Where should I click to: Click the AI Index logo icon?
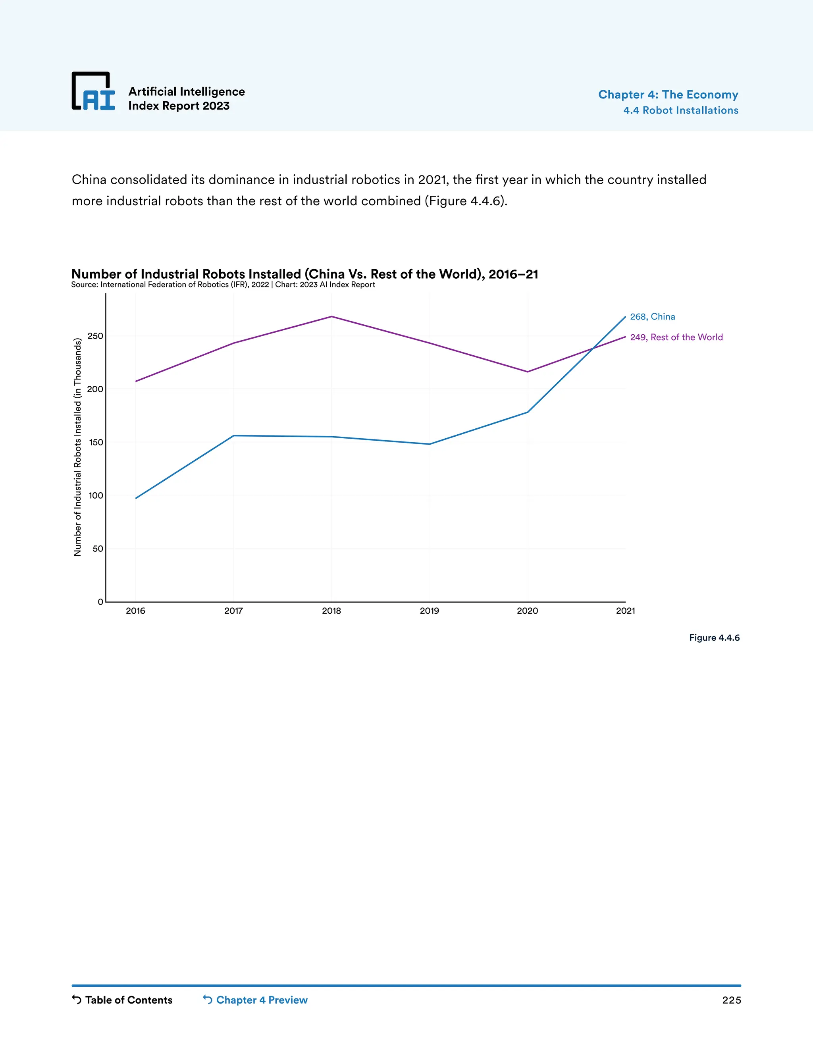click(93, 91)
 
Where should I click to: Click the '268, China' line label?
click(652, 316)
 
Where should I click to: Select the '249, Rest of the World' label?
click(676, 337)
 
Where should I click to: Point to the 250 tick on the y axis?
click(95, 336)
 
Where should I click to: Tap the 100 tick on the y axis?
click(95, 495)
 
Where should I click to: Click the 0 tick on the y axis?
click(100, 601)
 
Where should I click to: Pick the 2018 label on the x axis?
click(331, 611)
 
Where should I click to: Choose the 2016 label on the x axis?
click(135, 611)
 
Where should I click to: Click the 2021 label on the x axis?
click(625, 611)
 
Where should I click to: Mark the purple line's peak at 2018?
click(331, 316)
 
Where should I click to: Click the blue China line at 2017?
click(233, 436)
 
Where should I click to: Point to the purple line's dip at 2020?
click(528, 372)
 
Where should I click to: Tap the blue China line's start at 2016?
click(136, 498)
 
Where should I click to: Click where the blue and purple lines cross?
click(592, 349)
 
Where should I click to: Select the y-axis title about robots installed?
click(77, 447)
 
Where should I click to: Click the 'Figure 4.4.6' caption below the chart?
click(714, 638)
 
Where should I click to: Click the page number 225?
click(731, 1000)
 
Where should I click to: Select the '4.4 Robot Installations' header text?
click(680, 110)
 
